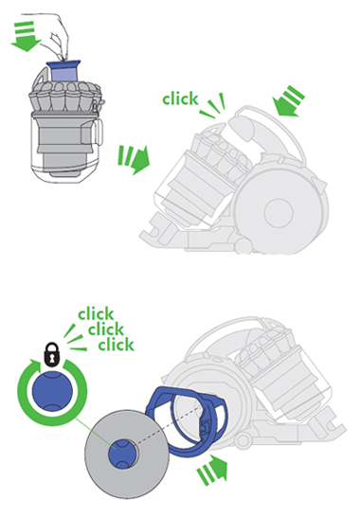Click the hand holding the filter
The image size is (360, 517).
tap(59, 29)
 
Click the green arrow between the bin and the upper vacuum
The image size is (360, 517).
tap(134, 159)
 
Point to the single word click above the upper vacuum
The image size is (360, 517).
tap(180, 98)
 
